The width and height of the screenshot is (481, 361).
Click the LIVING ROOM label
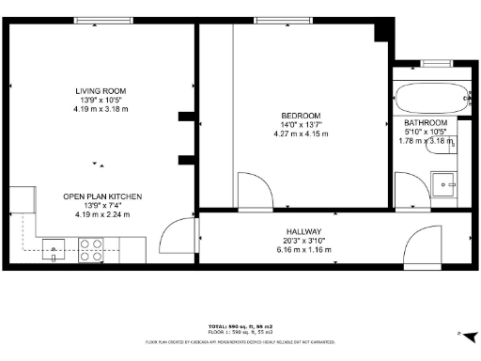101,91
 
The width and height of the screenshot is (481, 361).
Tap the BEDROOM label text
301,116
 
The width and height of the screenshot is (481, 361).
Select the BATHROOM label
426,123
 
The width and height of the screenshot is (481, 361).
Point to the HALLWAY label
304,231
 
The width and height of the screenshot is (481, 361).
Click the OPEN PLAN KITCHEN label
101,196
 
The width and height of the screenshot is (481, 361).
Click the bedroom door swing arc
252,189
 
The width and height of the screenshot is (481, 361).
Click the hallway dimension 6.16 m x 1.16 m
304,249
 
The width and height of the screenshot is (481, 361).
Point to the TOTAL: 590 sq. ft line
241,324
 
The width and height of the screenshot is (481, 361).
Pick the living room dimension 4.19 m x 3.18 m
101,109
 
